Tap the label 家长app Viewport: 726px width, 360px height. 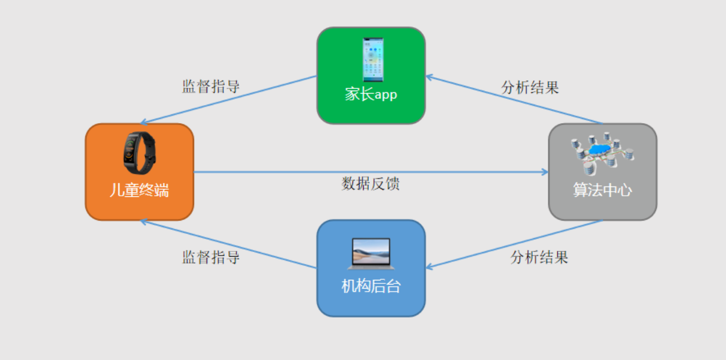coord(371,95)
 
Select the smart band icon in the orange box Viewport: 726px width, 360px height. coord(139,153)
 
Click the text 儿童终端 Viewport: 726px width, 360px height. coord(139,190)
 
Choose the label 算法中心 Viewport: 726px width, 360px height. coord(602,190)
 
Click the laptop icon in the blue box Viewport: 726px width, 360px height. coord(371,254)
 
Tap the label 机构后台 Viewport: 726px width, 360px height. coord(371,286)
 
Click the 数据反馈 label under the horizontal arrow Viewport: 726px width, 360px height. coord(371,184)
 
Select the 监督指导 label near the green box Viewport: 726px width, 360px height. coord(211,87)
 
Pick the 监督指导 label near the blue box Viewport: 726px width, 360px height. coord(211,257)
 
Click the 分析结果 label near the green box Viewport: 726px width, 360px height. coord(530,88)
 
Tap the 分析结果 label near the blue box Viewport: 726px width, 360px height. coord(539,257)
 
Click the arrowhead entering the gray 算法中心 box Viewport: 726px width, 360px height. coord(545,172)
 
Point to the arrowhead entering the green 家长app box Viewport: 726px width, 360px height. coord(430,77)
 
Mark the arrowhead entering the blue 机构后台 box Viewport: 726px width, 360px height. coord(430,267)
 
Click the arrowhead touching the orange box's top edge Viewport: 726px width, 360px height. coord(143,123)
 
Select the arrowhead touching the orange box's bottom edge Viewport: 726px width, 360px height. coord(143,222)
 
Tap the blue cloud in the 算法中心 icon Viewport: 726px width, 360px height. coord(598,149)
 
